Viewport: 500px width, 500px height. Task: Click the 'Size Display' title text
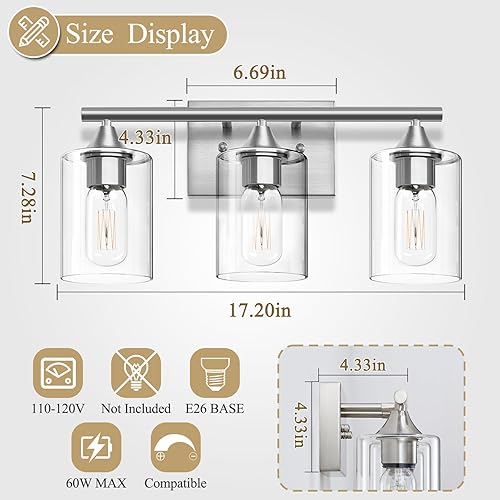tap(139, 37)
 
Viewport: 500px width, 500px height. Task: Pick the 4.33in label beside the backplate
tap(143, 137)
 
